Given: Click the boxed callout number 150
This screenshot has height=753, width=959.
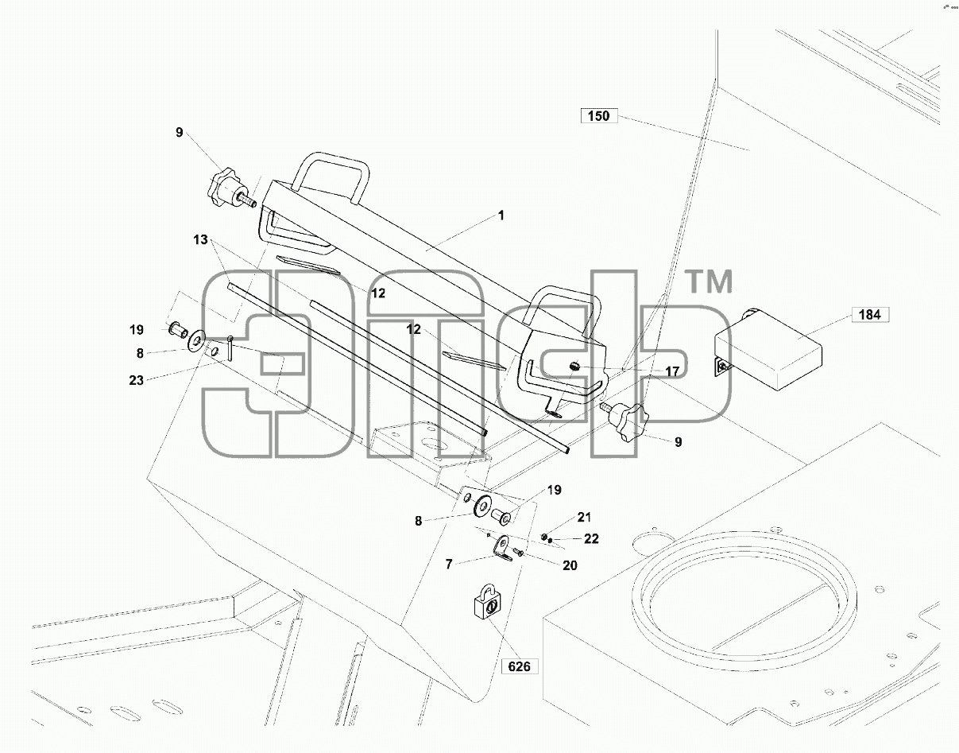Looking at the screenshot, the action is (598, 116).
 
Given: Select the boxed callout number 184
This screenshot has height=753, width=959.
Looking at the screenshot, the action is (870, 315).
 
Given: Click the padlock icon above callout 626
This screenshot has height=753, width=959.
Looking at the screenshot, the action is (488, 600).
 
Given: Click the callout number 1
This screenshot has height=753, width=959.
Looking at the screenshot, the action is (501, 215).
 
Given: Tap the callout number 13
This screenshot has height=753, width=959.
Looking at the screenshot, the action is (200, 240).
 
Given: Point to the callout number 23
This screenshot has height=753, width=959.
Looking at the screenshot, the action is (137, 380).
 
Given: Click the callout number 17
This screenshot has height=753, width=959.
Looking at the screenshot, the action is (671, 371).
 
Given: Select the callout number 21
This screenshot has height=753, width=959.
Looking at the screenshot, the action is (584, 517).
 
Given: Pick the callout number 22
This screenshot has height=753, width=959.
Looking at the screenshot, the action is (591, 539).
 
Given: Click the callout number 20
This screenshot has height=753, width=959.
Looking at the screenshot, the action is (570, 565).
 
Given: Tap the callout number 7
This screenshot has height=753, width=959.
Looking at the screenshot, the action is (449, 565).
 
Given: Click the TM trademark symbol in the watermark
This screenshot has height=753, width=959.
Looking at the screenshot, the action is (709, 281).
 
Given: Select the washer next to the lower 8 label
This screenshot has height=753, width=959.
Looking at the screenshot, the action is (482, 505).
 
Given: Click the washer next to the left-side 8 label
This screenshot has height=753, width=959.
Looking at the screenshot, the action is (196, 340).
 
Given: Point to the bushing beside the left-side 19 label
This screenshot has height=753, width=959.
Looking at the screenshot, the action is (177, 329).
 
